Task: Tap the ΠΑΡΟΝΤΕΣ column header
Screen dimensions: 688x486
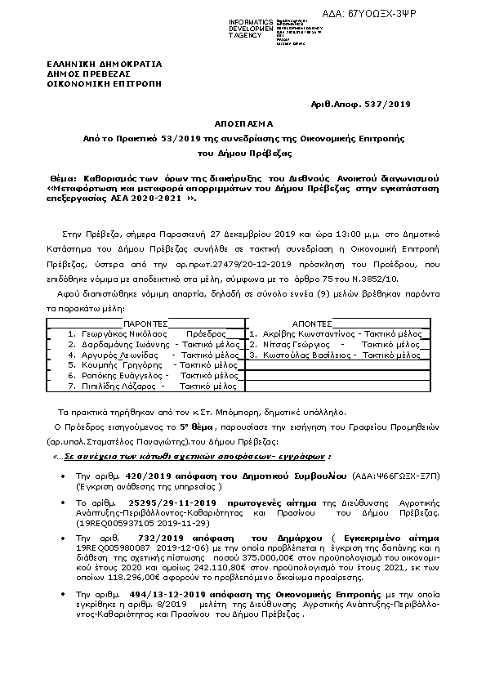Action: [x=147, y=323]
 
